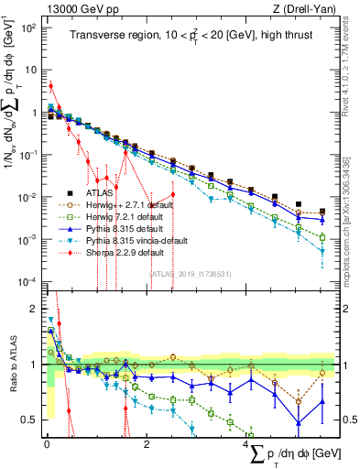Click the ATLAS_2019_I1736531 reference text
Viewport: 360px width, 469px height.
(191, 273)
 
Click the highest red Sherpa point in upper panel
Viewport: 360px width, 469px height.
(50, 86)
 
